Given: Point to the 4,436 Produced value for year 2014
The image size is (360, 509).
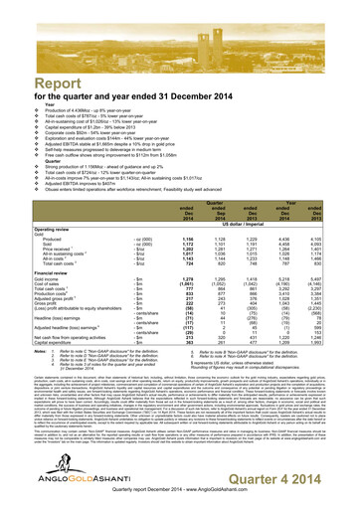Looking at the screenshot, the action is [x=283, y=180].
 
